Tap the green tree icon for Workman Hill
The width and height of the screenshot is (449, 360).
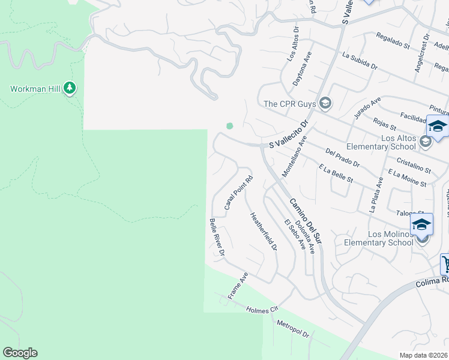click(70, 89)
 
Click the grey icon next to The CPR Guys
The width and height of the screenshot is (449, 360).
click(325, 104)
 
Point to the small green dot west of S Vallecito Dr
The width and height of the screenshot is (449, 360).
click(229, 125)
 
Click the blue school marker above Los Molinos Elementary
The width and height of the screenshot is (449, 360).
click(421, 224)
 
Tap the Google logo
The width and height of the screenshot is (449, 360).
click(20, 353)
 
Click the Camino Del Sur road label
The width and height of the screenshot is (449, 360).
click(306, 220)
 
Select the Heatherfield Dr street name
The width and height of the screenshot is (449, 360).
click(264, 232)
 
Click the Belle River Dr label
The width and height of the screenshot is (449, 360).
click(217, 238)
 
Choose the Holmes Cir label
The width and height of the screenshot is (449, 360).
click(263, 310)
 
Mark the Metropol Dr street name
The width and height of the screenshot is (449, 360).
click(292, 328)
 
